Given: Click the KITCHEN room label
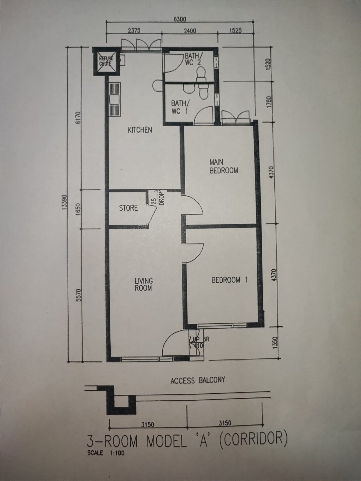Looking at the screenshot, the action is pos(140,130).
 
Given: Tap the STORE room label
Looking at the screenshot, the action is pos(128,208).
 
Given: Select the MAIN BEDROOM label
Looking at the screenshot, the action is pos(224,166).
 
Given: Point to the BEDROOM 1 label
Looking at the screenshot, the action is pos(230,280).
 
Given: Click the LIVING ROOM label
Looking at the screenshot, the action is pos(143,284).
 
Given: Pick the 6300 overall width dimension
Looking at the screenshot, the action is pos(180,19).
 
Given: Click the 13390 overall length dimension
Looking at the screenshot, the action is pos(64,202).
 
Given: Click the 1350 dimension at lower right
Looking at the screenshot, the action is pos(276,343).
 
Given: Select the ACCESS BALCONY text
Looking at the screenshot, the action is pos(198,380).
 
